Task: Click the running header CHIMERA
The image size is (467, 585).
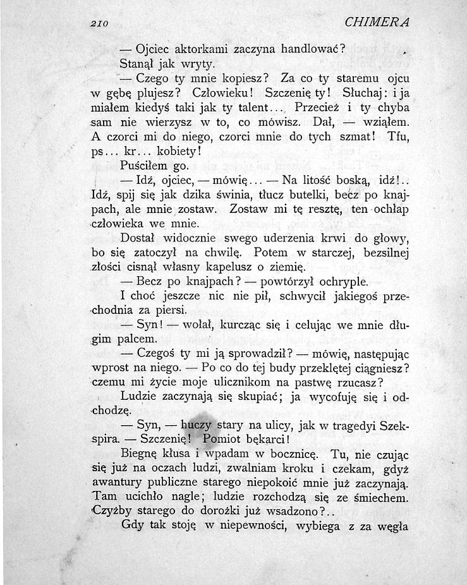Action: point(378,23)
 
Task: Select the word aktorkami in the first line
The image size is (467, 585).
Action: point(205,49)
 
